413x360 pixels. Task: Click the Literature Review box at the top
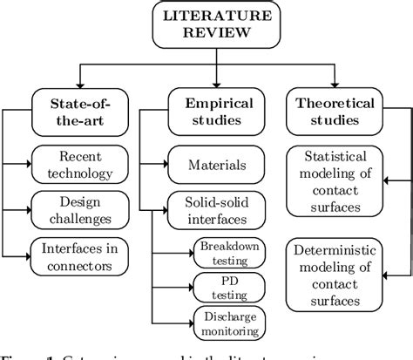click(x=205, y=24)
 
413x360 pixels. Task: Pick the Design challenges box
click(x=80, y=209)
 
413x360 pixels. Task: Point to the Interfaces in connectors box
click(x=80, y=254)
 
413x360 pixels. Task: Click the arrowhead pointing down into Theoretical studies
click(x=334, y=82)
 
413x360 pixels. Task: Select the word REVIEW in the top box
click(x=205, y=32)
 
